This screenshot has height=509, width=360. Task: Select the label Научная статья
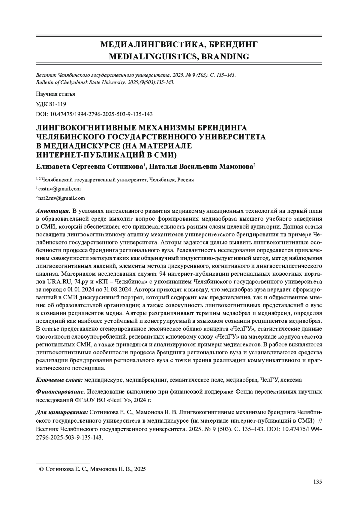(x=55, y=94)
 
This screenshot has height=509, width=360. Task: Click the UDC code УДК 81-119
(x=51, y=104)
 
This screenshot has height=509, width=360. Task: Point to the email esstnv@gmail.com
(x=59, y=189)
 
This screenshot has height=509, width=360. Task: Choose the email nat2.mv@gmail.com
(x=61, y=198)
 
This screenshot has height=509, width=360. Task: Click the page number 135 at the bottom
(x=317, y=482)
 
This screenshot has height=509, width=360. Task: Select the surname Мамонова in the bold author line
(x=237, y=166)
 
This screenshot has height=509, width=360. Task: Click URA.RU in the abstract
(x=56, y=282)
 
